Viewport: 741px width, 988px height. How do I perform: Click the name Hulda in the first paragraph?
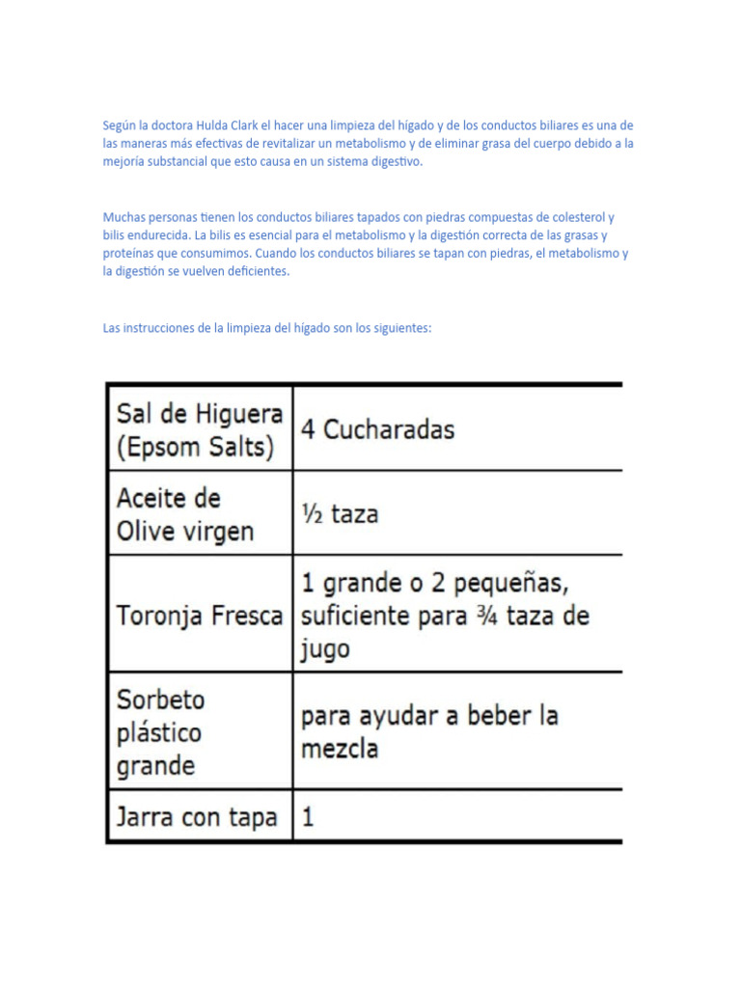211,125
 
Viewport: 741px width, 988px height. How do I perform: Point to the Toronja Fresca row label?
200,616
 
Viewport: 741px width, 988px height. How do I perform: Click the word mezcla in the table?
340,749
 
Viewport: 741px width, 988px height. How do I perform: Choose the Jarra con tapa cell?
197,818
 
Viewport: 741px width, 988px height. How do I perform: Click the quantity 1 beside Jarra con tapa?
308,818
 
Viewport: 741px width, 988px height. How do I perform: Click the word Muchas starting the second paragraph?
121,217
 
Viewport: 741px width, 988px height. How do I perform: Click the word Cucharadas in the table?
388,429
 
